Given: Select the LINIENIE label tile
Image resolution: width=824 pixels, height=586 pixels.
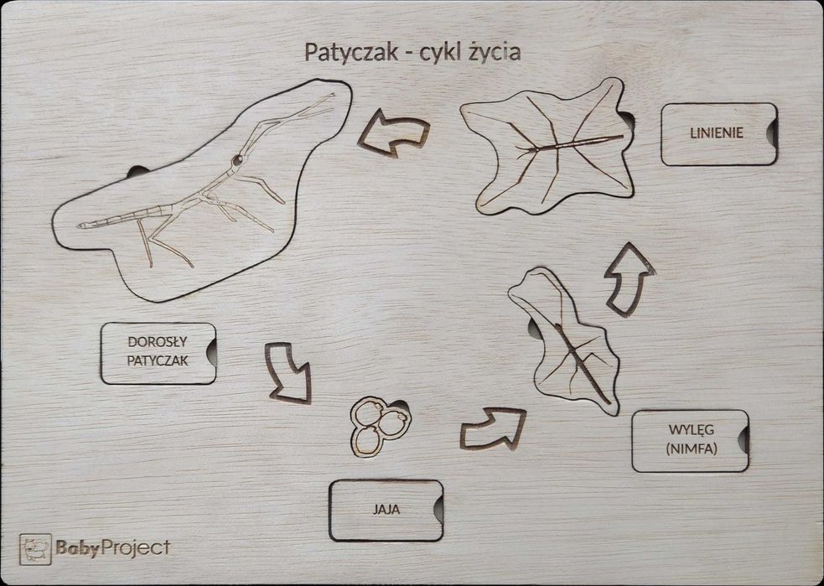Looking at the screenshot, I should [x=717, y=133].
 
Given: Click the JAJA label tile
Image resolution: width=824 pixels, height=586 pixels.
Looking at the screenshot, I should [x=385, y=509].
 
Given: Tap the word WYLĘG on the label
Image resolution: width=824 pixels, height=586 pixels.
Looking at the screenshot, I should [x=688, y=430].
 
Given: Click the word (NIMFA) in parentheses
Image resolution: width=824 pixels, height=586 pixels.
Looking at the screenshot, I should [x=688, y=449].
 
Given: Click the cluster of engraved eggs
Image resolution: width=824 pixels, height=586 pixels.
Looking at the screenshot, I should [x=379, y=424].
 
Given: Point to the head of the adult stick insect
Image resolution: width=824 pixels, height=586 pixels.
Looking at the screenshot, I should [x=238, y=160].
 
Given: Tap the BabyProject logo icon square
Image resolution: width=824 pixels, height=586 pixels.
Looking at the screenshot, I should [x=35, y=549].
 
